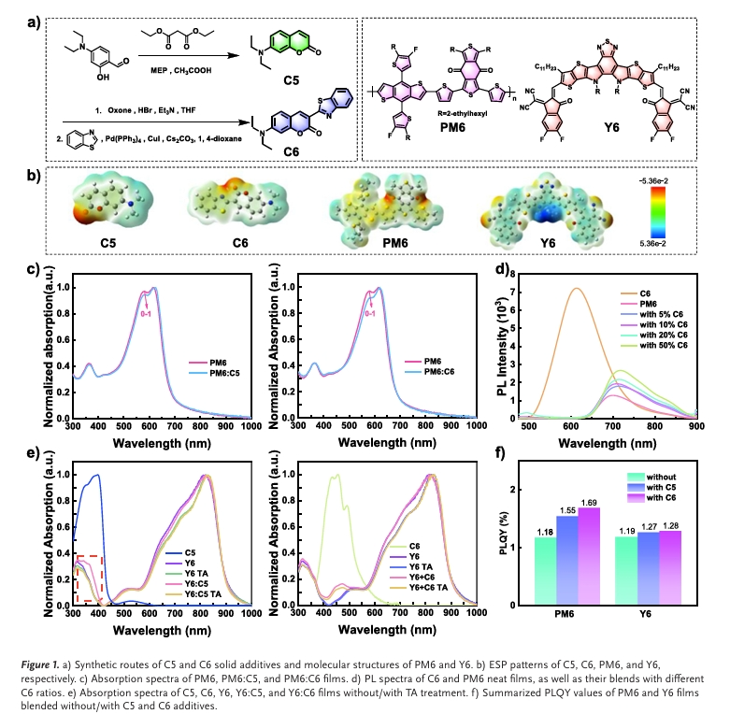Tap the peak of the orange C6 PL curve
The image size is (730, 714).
point(576,289)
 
